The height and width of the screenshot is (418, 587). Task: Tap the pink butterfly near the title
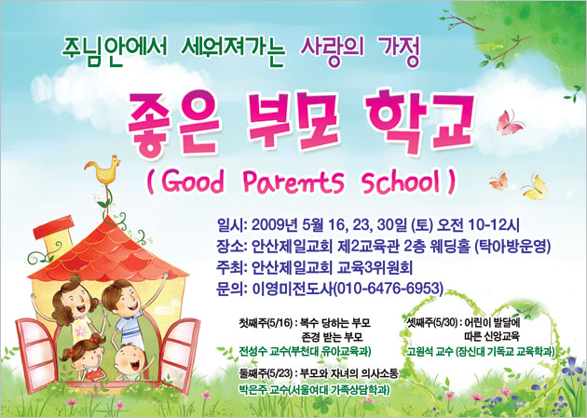[509, 123]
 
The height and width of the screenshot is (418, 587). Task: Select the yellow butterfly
[536, 187]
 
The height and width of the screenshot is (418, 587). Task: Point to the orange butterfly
[499, 182]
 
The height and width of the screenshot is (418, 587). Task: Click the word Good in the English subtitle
[193, 182]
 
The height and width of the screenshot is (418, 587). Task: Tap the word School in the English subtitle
[402, 182]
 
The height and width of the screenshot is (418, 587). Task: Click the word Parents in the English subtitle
[293, 182]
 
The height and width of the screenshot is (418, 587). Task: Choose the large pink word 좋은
[173, 124]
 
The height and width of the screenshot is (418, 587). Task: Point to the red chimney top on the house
[53, 227]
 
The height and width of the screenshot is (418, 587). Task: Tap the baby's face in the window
[130, 359]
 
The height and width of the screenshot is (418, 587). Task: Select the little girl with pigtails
[85, 357]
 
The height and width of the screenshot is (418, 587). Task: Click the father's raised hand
[165, 276]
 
